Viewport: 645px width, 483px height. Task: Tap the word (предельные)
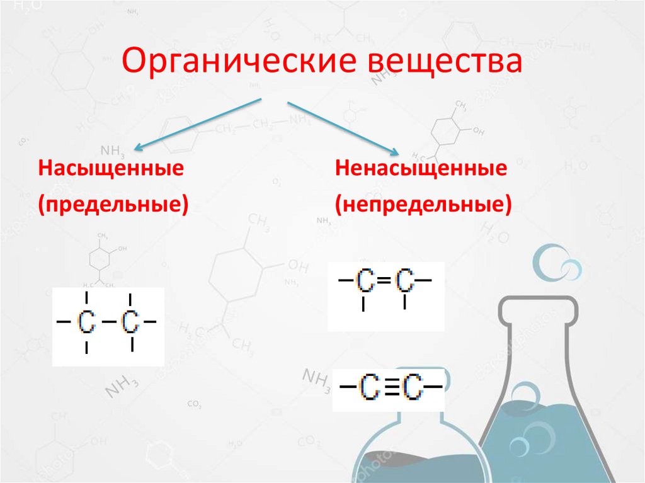pos(113,205)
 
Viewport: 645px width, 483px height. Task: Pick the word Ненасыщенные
pos(421,169)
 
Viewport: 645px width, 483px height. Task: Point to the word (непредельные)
pos(423,205)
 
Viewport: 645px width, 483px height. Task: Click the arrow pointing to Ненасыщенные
pos(343,128)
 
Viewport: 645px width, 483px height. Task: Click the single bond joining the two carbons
pos(108,322)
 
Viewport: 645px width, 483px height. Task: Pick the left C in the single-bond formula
pos(87,322)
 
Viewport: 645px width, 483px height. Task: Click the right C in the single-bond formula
pos(130,322)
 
